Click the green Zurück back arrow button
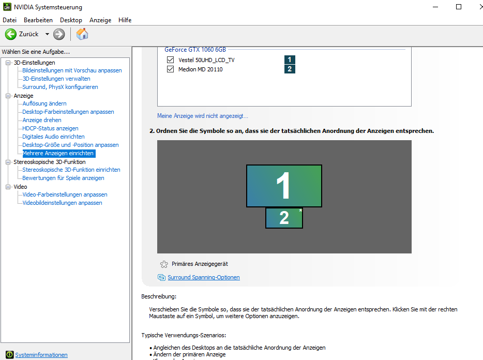coord(11,34)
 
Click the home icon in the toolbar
coord(82,34)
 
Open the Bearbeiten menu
coord(38,20)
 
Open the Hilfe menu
coord(125,20)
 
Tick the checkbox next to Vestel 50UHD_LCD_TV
coord(170,59)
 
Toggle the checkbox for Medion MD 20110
coord(170,69)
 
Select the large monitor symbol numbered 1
coord(284,186)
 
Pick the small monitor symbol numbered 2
coord(284,218)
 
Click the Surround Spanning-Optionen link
coord(204,277)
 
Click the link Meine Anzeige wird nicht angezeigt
coord(203,116)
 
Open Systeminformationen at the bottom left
coord(41,355)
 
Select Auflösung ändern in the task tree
coord(44,103)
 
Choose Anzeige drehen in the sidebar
coord(42,120)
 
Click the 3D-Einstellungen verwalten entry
coord(56,79)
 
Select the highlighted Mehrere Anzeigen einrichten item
coord(58,153)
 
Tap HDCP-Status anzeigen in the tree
coord(50,128)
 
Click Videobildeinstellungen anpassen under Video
coord(62,203)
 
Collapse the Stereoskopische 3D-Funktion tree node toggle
coord(8,162)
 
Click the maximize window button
coord(459,7)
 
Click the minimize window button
coord(435,7)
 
